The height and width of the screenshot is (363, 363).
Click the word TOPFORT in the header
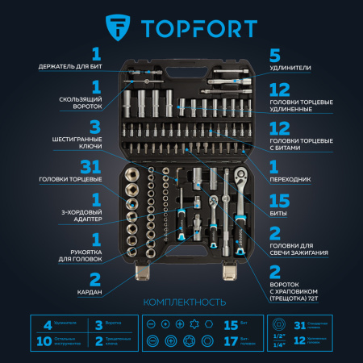198,29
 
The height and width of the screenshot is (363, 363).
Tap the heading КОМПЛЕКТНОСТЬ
181,302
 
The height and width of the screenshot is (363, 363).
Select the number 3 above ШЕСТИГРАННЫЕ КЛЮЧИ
95,127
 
